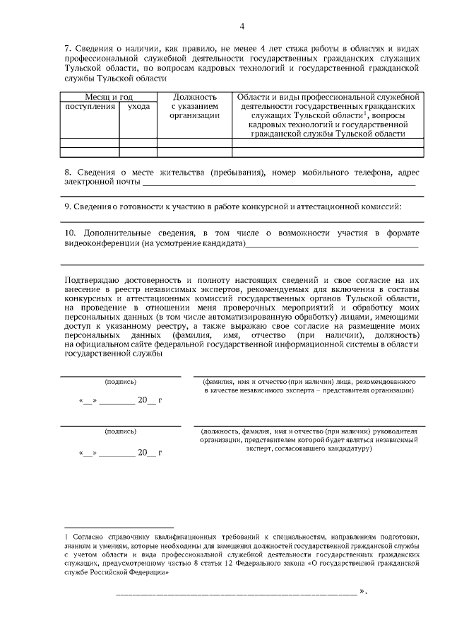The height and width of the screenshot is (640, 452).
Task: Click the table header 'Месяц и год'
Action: coord(109,96)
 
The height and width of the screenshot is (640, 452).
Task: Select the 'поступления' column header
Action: coord(90,106)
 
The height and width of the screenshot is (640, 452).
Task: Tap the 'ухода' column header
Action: coord(138,106)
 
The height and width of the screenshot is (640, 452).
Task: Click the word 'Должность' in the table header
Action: coord(194,96)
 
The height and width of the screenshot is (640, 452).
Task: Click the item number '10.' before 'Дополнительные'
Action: coord(69,233)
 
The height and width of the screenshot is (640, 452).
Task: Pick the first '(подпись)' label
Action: coord(120,381)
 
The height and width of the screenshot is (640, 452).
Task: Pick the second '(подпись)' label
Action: coord(120,431)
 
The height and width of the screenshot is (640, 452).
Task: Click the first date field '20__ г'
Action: coord(150,400)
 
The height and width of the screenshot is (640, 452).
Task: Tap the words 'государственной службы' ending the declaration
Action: coord(114,355)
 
